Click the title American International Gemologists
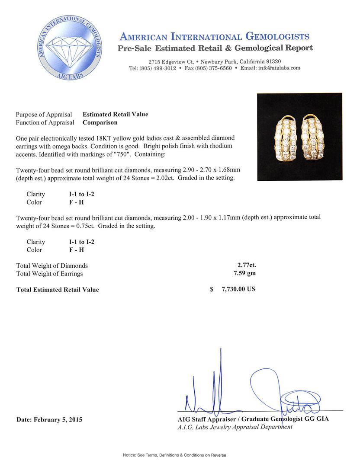click(x=214, y=36)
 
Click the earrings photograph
click(x=299, y=137)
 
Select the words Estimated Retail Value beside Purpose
click(x=115, y=115)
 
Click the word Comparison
click(x=100, y=122)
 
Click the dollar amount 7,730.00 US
click(x=238, y=289)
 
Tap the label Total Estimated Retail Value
click(x=58, y=290)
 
